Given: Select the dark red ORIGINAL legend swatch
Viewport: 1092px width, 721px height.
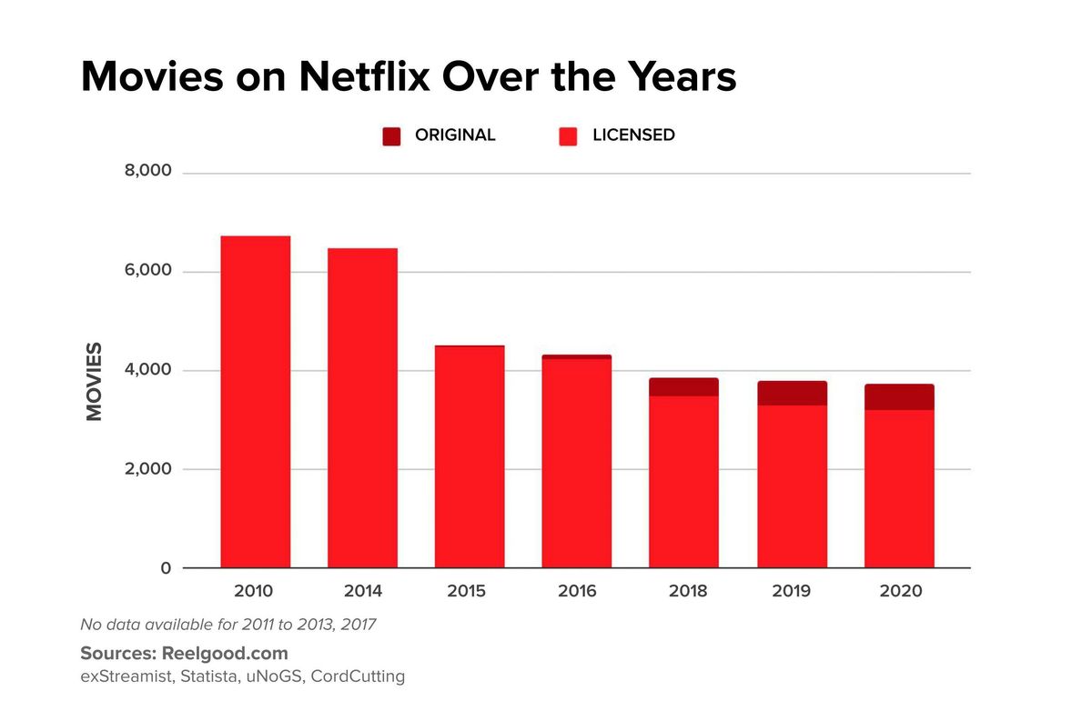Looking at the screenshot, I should tap(390, 135).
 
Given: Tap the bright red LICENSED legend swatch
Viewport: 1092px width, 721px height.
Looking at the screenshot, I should tap(568, 135).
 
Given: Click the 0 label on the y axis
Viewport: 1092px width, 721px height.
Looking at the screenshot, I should tap(166, 568).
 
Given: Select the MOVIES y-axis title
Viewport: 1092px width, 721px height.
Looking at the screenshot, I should tap(94, 381).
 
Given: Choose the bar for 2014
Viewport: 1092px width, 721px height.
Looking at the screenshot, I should tap(362, 408).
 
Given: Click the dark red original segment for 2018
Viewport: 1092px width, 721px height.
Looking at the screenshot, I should tap(683, 387).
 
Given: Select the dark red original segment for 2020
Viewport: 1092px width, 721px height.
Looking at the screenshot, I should tap(899, 396).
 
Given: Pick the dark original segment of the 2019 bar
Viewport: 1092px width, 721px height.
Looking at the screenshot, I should tap(792, 393).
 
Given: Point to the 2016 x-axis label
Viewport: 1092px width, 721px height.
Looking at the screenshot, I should tap(577, 591).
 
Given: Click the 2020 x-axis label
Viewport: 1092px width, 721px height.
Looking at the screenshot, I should tap(900, 591).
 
